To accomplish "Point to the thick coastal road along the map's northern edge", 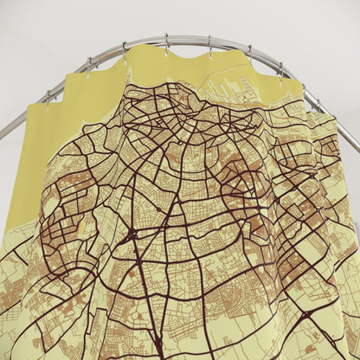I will [x=173, y=86].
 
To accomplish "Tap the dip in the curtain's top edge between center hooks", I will [x=186, y=55].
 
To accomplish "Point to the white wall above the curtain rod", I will [x=182, y=17].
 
